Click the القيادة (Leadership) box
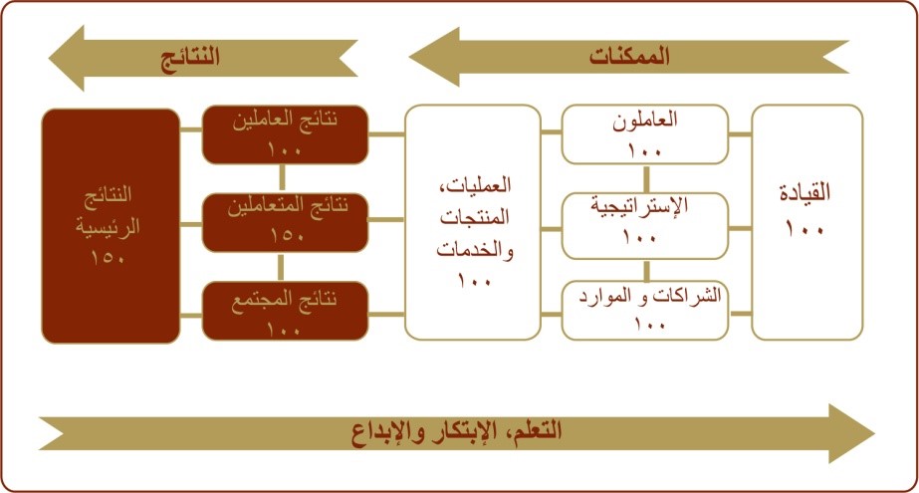[x=807, y=222]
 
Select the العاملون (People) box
[x=645, y=134]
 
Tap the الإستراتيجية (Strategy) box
[x=645, y=226]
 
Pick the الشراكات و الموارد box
[x=645, y=311]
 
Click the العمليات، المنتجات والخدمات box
[x=472, y=222]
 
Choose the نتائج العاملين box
[x=286, y=134]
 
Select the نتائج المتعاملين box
[x=286, y=223]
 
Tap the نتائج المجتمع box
[x=286, y=311]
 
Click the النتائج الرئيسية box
[x=111, y=226]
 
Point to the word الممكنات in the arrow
[x=629, y=57]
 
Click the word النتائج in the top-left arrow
[x=190, y=57]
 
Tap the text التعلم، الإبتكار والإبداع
[x=457, y=432]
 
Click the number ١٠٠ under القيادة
[x=804, y=229]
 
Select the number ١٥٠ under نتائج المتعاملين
[x=287, y=236]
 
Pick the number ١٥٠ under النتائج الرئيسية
[x=108, y=257]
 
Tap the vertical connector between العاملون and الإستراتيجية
[x=646, y=179]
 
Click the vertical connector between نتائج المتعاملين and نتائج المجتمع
[x=281, y=267]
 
